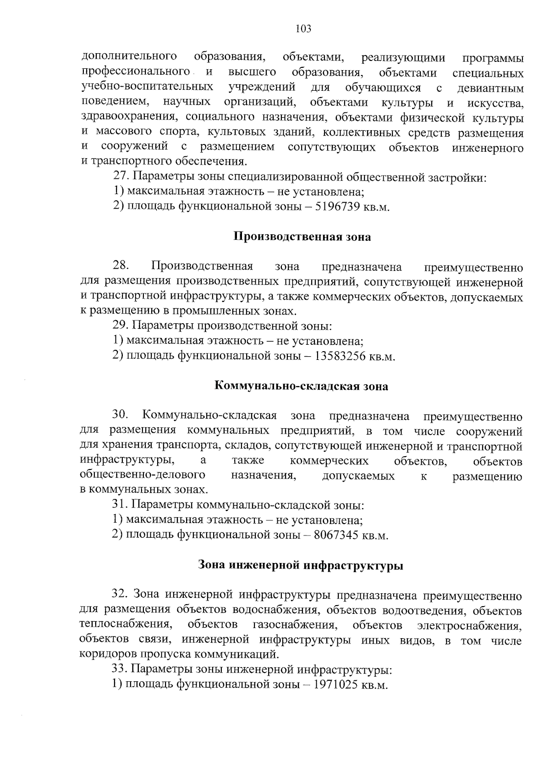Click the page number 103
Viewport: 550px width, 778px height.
tap(303, 29)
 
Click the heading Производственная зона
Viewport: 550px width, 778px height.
tap(302, 237)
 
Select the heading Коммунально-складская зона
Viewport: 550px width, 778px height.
tap(302, 386)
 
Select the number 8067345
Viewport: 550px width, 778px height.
tap(336, 535)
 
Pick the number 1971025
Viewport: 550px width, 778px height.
tap(335, 684)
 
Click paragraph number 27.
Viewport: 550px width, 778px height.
tap(120, 177)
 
